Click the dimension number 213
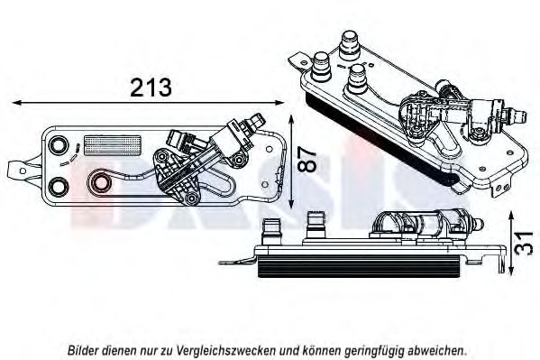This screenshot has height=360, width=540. (151, 88)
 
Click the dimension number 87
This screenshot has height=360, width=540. (306, 160)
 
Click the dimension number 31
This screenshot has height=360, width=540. (525, 242)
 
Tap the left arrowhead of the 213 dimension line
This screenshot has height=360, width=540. (17, 103)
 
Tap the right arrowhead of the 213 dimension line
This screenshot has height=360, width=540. (279, 103)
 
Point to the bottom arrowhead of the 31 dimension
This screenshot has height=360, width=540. (512, 269)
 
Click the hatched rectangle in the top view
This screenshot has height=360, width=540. (113, 145)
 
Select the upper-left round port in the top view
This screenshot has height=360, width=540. (57, 144)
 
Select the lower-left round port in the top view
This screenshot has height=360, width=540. (59, 187)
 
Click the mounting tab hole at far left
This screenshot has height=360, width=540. (23, 171)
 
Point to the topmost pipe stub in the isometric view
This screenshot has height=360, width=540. (349, 45)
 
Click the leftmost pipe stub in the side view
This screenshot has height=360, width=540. (272, 231)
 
